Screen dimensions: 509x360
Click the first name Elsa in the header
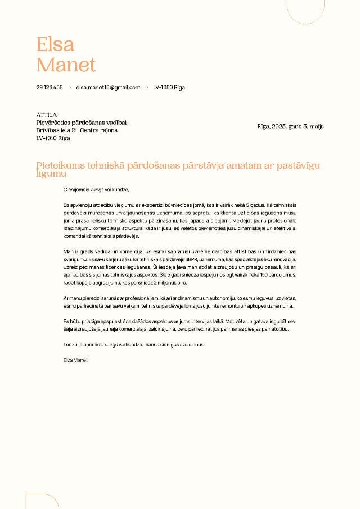[x=55, y=44]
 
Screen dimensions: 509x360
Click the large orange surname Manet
[x=66, y=65]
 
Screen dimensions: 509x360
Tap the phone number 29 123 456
[x=49, y=88]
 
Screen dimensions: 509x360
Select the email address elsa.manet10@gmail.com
[x=108, y=88]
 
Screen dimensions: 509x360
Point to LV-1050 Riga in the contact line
[x=169, y=88]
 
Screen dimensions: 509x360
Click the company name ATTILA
[x=47, y=115]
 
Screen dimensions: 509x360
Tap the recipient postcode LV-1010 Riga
[x=53, y=138]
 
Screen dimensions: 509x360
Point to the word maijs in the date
[x=316, y=127]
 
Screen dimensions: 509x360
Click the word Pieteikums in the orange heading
[x=60, y=165]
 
